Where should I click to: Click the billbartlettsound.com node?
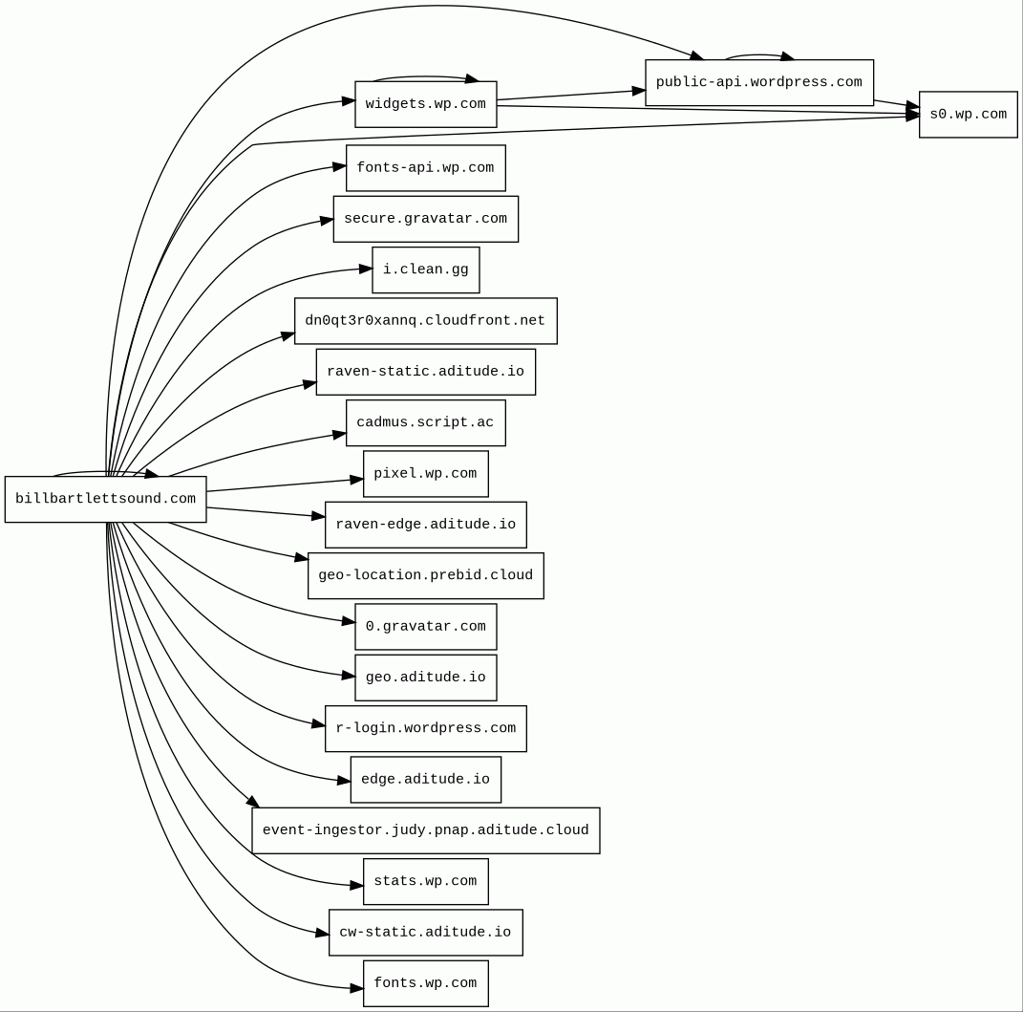click(x=105, y=499)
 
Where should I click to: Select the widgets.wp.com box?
click(x=425, y=104)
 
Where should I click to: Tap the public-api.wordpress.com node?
click(x=758, y=82)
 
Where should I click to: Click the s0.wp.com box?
click(x=968, y=115)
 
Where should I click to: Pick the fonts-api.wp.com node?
click(x=425, y=168)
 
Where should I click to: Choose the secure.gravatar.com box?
click(x=425, y=219)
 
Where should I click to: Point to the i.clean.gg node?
click(x=425, y=269)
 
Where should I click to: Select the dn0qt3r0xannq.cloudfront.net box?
click(x=425, y=321)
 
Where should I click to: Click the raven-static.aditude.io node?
click(x=425, y=372)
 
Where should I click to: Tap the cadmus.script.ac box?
click(x=425, y=422)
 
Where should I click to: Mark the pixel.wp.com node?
click(x=425, y=474)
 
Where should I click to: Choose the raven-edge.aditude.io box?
click(x=425, y=525)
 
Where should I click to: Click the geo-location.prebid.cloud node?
click(x=425, y=575)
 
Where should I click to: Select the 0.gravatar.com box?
click(x=425, y=627)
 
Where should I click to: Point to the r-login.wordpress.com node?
click(x=425, y=728)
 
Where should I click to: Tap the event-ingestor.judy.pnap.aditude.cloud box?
click(x=425, y=830)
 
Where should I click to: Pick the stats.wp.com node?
click(x=425, y=881)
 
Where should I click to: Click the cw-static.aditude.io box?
click(x=425, y=933)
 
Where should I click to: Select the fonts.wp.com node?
click(x=425, y=983)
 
